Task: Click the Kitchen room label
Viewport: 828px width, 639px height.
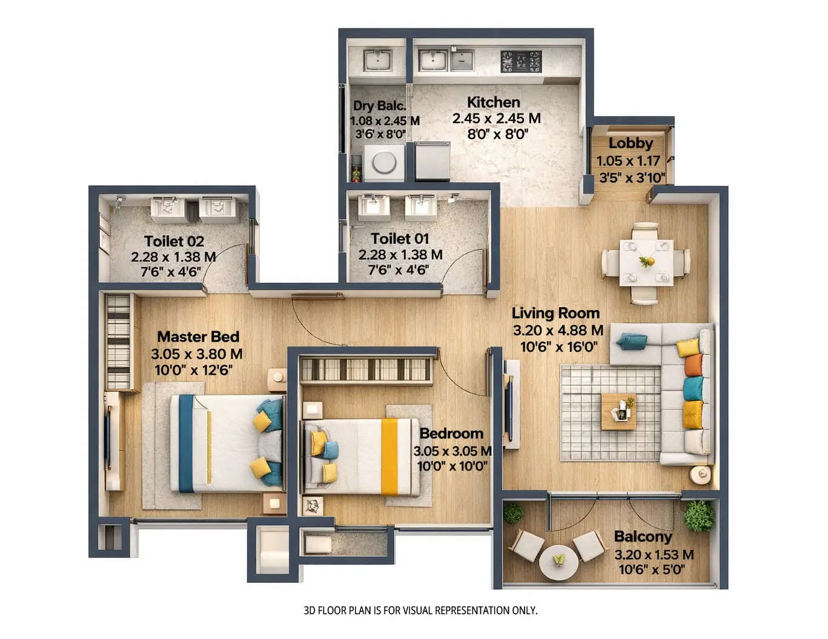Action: [x=493, y=102]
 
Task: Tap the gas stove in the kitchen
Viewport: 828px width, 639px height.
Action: [x=520, y=61]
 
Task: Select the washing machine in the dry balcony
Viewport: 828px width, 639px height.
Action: [x=384, y=162]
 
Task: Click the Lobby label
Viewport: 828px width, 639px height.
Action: [x=631, y=144]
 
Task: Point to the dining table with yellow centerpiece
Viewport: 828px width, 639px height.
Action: [x=646, y=262]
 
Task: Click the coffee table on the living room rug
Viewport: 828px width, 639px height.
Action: [x=618, y=411]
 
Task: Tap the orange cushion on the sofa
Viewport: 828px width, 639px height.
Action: [x=693, y=365]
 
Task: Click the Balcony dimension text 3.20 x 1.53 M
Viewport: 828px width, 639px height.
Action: [x=654, y=554]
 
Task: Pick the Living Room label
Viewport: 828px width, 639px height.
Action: [x=555, y=313]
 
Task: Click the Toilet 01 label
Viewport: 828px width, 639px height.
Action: [x=400, y=239]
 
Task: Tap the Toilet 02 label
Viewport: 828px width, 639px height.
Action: [x=174, y=241]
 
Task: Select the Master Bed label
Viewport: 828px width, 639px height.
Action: [x=198, y=337]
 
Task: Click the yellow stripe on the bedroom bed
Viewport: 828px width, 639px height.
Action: [x=389, y=457]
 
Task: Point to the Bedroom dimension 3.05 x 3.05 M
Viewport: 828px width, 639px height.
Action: [x=452, y=451]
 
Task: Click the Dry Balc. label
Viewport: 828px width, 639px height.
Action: [x=380, y=106]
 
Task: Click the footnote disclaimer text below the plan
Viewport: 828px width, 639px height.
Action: [x=420, y=611]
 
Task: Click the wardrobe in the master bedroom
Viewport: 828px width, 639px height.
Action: [x=118, y=342]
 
